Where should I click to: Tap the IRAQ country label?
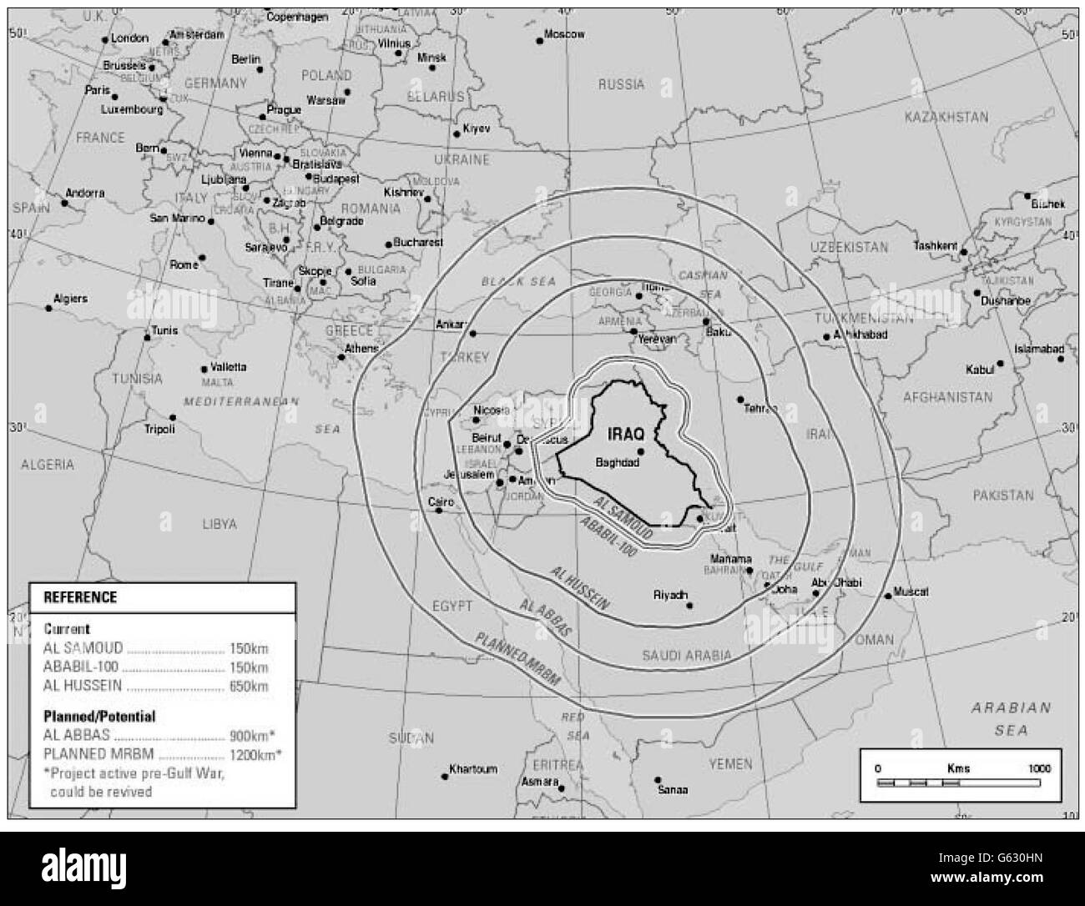(627, 435)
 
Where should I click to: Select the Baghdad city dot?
(640, 451)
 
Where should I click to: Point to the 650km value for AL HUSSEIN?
(249, 687)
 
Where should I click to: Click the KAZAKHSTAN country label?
(946, 118)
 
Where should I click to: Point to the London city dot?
(105, 39)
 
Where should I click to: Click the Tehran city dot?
(740, 399)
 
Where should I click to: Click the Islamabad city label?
(1038, 349)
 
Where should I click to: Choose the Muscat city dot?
(886, 596)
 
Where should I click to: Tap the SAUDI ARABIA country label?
(687, 656)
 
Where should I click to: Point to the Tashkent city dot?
(963, 251)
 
